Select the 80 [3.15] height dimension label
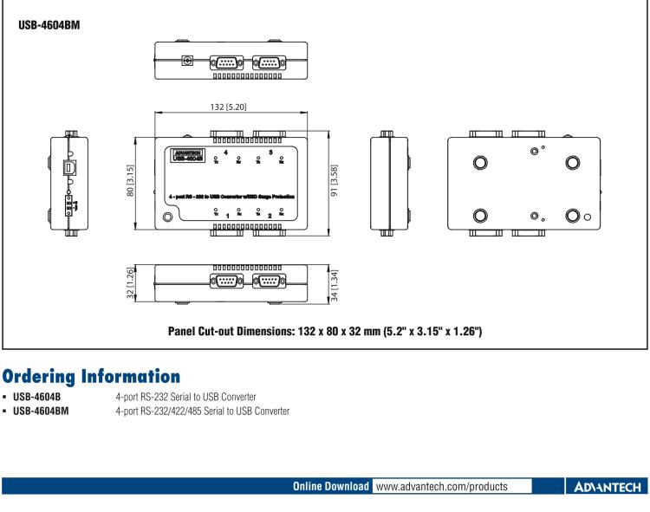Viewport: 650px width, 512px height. coord(131,181)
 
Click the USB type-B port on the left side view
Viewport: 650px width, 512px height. coord(69,166)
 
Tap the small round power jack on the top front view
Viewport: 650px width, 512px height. coord(184,62)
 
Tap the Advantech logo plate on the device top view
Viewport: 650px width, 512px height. coord(187,154)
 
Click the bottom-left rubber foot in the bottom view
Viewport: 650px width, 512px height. coord(480,216)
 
